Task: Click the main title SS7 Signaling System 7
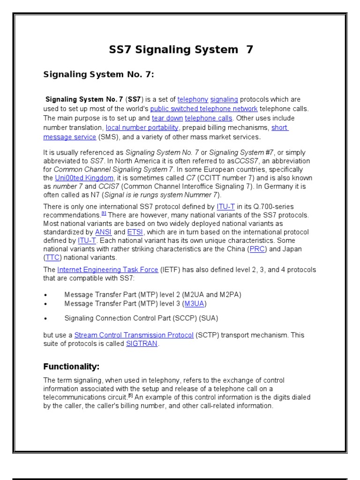(181, 50)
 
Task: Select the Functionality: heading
(71, 366)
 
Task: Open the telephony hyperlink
(193, 99)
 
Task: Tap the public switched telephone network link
(204, 109)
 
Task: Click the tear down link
(167, 118)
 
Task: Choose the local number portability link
(142, 127)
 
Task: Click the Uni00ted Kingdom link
(84, 178)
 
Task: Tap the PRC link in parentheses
(257, 249)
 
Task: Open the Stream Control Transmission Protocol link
(134, 335)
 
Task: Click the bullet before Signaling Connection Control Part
(45, 318)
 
